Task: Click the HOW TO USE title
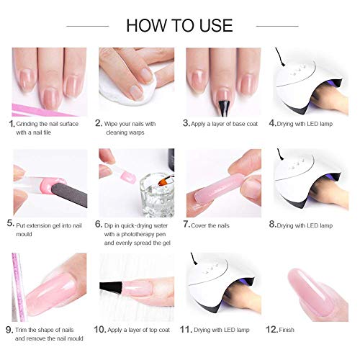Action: pyautogui.click(x=180, y=26)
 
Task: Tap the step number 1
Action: pyautogui.click(x=12, y=123)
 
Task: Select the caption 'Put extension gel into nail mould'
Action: pyautogui.click(x=49, y=228)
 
